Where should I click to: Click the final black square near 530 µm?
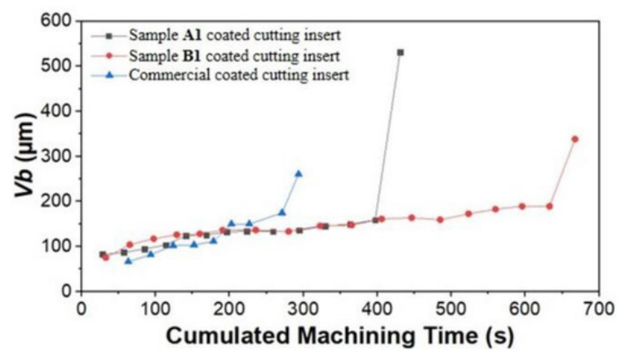coord(400,52)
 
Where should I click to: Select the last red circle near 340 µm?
coord(574,139)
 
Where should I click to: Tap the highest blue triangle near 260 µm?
coord(298,174)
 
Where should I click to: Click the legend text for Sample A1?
coord(235,35)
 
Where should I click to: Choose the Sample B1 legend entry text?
coord(234,56)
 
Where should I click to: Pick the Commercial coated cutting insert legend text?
coord(239,75)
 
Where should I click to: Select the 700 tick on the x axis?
coord(598,309)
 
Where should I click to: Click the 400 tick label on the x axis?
coord(377,309)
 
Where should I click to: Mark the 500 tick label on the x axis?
coord(450,309)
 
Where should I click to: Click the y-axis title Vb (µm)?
coord(24,155)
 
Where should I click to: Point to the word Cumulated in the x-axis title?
coord(228,336)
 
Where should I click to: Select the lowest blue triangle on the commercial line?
coord(128,260)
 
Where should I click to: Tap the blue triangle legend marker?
coord(111,75)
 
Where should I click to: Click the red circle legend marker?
coord(111,56)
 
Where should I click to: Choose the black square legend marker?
coord(111,36)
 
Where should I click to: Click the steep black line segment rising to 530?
coord(388,136)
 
